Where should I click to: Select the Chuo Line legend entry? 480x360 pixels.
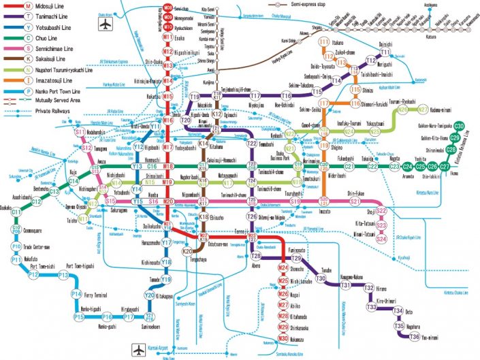[27, 39]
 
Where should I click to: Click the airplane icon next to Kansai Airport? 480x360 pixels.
[140, 350]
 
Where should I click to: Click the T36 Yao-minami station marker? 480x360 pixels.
[415, 336]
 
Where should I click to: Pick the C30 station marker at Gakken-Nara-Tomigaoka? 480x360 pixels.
[459, 127]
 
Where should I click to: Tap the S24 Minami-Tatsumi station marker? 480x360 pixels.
[381, 239]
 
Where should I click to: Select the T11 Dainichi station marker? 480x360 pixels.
[385, 52]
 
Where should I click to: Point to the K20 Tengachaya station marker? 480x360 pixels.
[187, 251]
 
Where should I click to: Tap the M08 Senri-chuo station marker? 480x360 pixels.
[167, 6]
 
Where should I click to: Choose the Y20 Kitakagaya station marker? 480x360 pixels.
[150, 295]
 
